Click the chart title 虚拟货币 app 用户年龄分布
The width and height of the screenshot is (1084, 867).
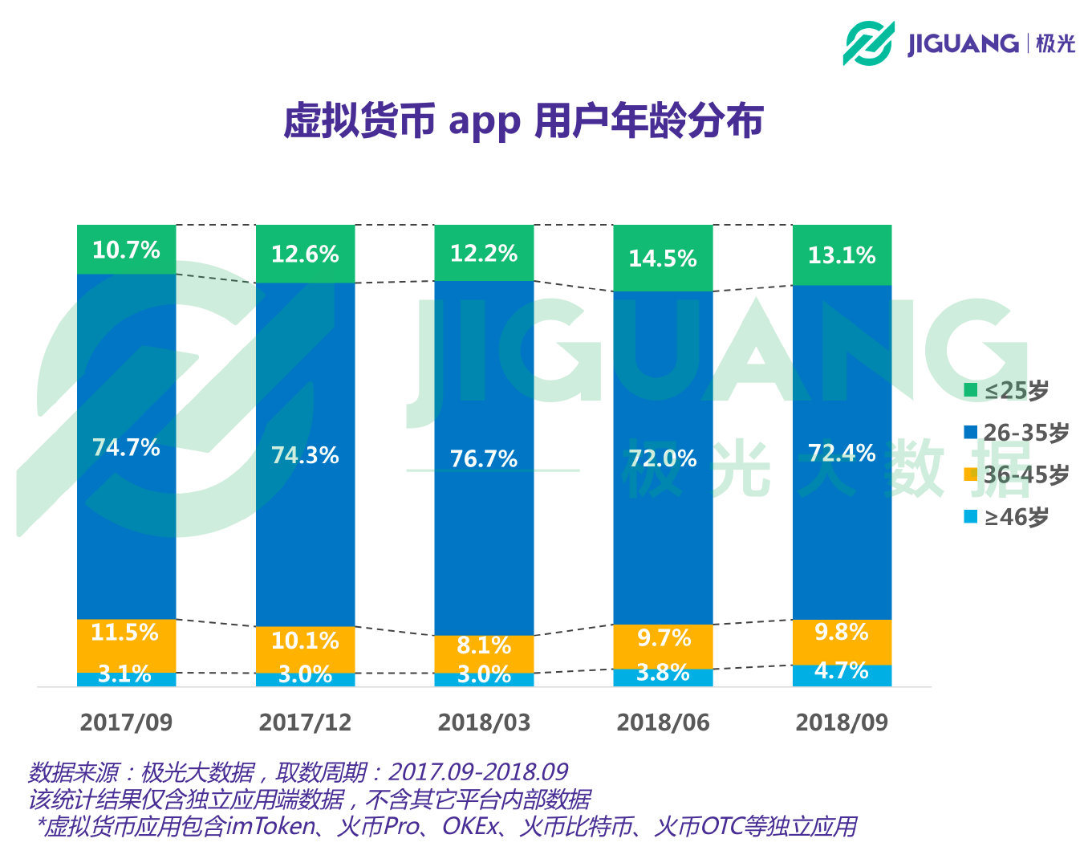(x=522, y=122)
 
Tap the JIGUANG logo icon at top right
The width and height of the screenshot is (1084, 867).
(x=868, y=43)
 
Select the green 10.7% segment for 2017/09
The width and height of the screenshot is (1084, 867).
(x=126, y=250)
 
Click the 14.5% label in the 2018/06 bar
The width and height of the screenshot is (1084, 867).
(x=663, y=258)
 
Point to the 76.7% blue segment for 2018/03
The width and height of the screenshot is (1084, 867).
(x=484, y=458)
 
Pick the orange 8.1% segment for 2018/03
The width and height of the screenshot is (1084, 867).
(x=484, y=645)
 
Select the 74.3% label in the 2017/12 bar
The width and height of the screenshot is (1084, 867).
(x=305, y=455)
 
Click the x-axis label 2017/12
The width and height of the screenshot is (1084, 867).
(x=305, y=722)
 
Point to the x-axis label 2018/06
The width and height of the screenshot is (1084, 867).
(x=663, y=722)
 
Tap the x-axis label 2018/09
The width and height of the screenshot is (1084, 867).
(x=842, y=722)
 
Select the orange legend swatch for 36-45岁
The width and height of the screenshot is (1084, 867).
(x=971, y=474)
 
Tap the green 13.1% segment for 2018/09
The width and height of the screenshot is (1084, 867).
(x=842, y=255)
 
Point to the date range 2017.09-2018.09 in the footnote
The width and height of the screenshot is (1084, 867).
(x=478, y=772)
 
